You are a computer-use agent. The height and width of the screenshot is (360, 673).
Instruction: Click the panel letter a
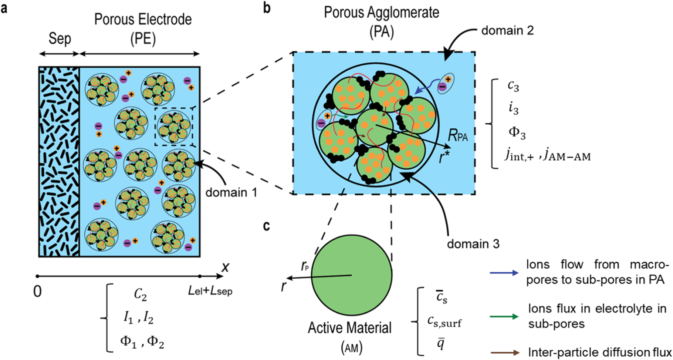[x=4, y=8]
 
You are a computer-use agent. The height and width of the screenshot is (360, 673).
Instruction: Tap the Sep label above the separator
[x=60, y=38]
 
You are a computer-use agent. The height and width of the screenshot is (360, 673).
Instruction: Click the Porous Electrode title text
[x=143, y=19]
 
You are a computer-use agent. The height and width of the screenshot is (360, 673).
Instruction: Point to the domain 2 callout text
[x=507, y=30]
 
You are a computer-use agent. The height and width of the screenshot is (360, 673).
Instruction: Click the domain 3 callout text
[x=473, y=244]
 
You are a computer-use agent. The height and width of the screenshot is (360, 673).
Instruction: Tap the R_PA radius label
[x=458, y=136]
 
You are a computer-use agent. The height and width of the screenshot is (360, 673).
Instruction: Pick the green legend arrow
[x=503, y=317]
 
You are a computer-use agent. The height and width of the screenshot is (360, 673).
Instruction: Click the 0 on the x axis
[x=37, y=292]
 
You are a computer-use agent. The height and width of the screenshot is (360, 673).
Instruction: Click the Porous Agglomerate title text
[x=381, y=12]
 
